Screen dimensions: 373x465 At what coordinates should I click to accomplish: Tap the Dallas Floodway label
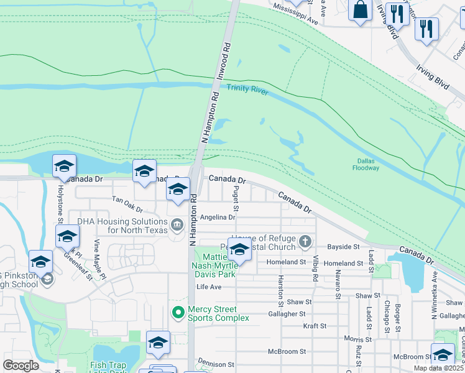[x=366, y=163]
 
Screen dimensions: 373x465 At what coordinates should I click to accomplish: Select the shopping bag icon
[x=361, y=10]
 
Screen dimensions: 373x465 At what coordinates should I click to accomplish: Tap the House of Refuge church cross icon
[x=305, y=241]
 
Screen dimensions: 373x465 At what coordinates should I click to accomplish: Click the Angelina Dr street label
[x=218, y=218]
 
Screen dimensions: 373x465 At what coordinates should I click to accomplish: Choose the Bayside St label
[x=348, y=247]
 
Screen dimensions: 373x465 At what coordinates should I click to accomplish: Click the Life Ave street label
[x=209, y=287]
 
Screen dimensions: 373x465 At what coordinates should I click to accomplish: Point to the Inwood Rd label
[x=227, y=55]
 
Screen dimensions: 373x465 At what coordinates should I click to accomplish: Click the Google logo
[x=21, y=366]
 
